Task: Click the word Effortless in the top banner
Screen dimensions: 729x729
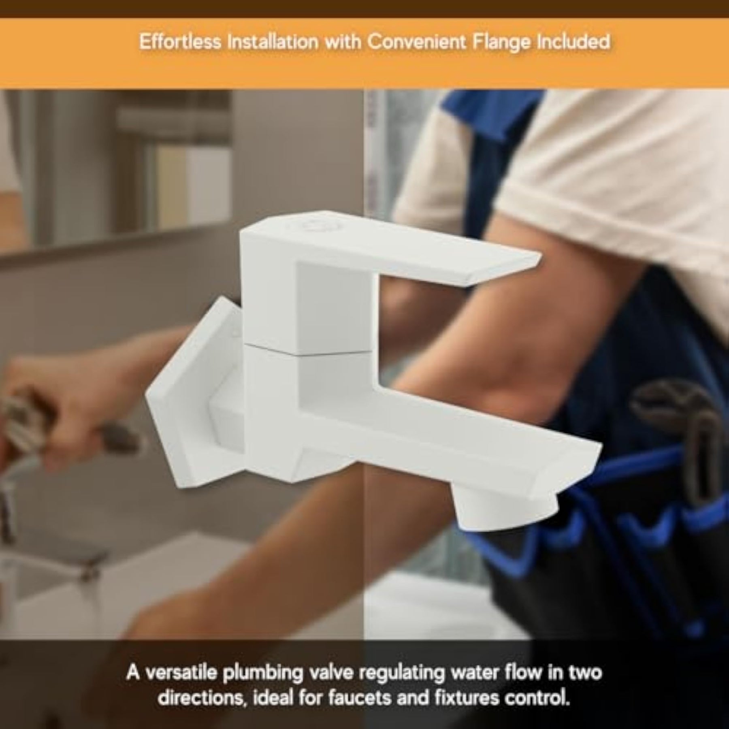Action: click(x=180, y=42)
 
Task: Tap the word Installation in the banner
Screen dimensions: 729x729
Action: click(x=272, y=42)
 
